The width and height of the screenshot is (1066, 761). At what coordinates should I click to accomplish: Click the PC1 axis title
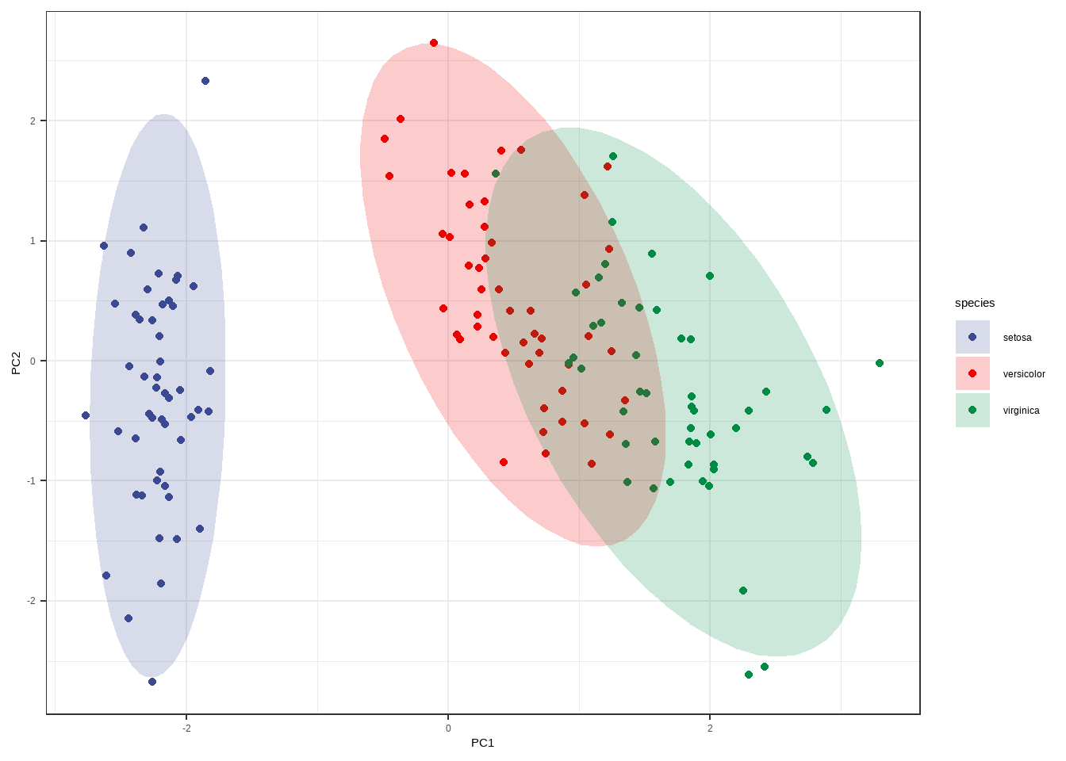pyautogui.click(x=482, y=743)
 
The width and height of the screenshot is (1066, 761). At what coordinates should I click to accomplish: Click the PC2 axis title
pyautogui.click(x=16, y=362)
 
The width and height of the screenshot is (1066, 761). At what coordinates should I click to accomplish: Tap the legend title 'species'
pyautogui.click(x=974, y=303)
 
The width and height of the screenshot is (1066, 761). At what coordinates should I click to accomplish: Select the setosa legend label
pyautogui.click(x=1017, y=338)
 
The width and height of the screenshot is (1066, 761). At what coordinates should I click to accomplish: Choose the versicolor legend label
pyautogui.click(x=1023, y=374)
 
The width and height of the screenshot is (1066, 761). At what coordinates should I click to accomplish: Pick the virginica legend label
pyautogui.click(x=1021, y=411)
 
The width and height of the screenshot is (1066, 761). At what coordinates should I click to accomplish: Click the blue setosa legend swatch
pyautogui.click(x=972, y=337)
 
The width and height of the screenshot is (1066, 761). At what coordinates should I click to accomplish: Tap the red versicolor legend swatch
pyautogui.click(x=972, y=373)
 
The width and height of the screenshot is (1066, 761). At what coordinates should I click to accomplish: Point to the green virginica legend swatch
pyautogui.click(x=972, y=410)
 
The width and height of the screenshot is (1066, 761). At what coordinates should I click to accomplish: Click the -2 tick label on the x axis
pyautogui.click(x=186, y=728)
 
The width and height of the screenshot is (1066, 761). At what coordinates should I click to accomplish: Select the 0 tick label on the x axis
pyautogui.click(x=448, y=728)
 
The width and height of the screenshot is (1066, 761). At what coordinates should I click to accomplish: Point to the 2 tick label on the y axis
pyautogui.click(x=33, y=120)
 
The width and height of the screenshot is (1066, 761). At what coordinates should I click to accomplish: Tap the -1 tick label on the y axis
pyautogui.click(x=32, y=481)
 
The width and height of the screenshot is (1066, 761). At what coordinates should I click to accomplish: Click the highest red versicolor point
pyautogui.click(x=434, y=43)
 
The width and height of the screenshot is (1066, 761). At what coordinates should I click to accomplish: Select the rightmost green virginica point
pyautogui.click(x=879, y=363)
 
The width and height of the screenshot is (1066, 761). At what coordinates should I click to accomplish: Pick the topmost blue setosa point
pyautogui.click(x=205, y=81)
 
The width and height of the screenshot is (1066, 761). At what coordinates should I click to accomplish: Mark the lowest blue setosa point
pyautogui.click(x=152, y=682)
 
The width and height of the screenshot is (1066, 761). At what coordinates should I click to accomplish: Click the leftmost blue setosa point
pyautogui.click(x=86, y=415)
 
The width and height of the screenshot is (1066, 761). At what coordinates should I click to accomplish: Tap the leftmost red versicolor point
pyautogui.click(x=385, y=139)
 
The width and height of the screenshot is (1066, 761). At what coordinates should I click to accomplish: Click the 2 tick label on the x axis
pyautogui.click(x=710, y=728)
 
